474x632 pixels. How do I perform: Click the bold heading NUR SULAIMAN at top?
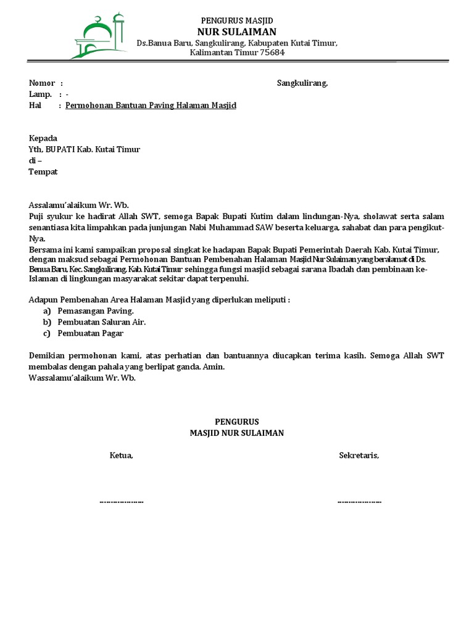tap(237, 31)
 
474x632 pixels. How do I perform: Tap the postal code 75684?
tap(272, 53)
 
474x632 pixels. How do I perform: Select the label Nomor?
tap(42, 83)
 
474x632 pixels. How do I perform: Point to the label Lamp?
tap(40, 94)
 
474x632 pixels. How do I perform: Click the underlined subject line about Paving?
tap(151, 106)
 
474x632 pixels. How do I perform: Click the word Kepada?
tap(43, 138)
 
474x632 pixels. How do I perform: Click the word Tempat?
tap(43, 172)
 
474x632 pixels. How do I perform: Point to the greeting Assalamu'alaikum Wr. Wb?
tap(80, 205)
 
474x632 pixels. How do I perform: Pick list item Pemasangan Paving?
tap(96, 311)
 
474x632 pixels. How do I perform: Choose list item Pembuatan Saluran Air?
tap(102, 322)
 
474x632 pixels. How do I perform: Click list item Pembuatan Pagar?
tap(91, 333)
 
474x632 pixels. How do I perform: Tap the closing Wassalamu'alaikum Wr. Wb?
tap(82, 378)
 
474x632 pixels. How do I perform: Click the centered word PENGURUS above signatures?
tap(237, 422)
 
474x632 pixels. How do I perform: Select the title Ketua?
tap(122, 455)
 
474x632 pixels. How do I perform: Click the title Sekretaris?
tap(359, 455)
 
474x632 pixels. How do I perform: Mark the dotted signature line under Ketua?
tap(122, 501)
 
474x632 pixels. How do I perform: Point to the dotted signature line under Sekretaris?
tap(359, 501)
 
